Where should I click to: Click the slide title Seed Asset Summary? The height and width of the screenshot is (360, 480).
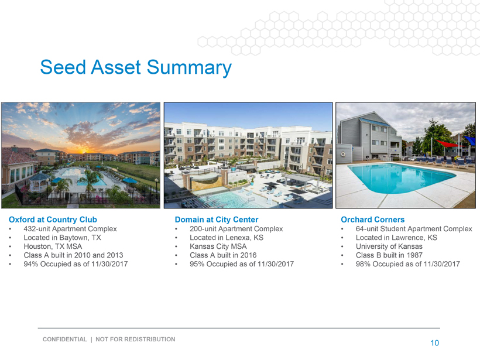tap(136, 67)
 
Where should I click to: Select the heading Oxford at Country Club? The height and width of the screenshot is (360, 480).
tap(53, 220)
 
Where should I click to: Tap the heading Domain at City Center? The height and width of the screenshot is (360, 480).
tap(217, 220)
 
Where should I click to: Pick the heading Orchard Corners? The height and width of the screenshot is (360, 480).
tap(372, 220)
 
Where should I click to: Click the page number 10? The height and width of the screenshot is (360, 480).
tap(435, 343)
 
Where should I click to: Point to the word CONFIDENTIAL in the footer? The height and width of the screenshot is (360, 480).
tap(65, 339)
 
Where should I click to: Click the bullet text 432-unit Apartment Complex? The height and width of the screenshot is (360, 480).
tap(70, 229)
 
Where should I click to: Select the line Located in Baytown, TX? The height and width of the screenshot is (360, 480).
tap(62, 238)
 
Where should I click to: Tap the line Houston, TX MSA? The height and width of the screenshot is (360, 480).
tap(53, 246)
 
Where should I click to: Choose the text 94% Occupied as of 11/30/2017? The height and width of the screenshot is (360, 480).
tap(76, 264)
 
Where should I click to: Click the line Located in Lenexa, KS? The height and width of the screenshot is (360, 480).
tap(227, 238)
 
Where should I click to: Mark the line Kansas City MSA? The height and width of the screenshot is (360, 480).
tap(218, 246)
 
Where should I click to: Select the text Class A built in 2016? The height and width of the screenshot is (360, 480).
tap(223, 255)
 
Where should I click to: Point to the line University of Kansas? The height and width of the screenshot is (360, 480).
tap(389, 246)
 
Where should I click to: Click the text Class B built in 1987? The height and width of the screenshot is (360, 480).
tap(389, 255)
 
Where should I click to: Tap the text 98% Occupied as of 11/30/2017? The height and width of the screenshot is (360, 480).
tap(408, 264)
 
